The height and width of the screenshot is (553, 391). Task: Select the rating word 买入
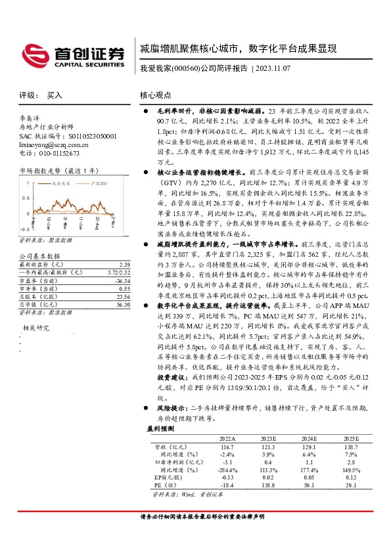click(x=55, y=95)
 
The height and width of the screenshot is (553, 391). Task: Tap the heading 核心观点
click(x=157, y=95)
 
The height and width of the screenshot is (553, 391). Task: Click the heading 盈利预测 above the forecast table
click(x=160, y=428)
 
